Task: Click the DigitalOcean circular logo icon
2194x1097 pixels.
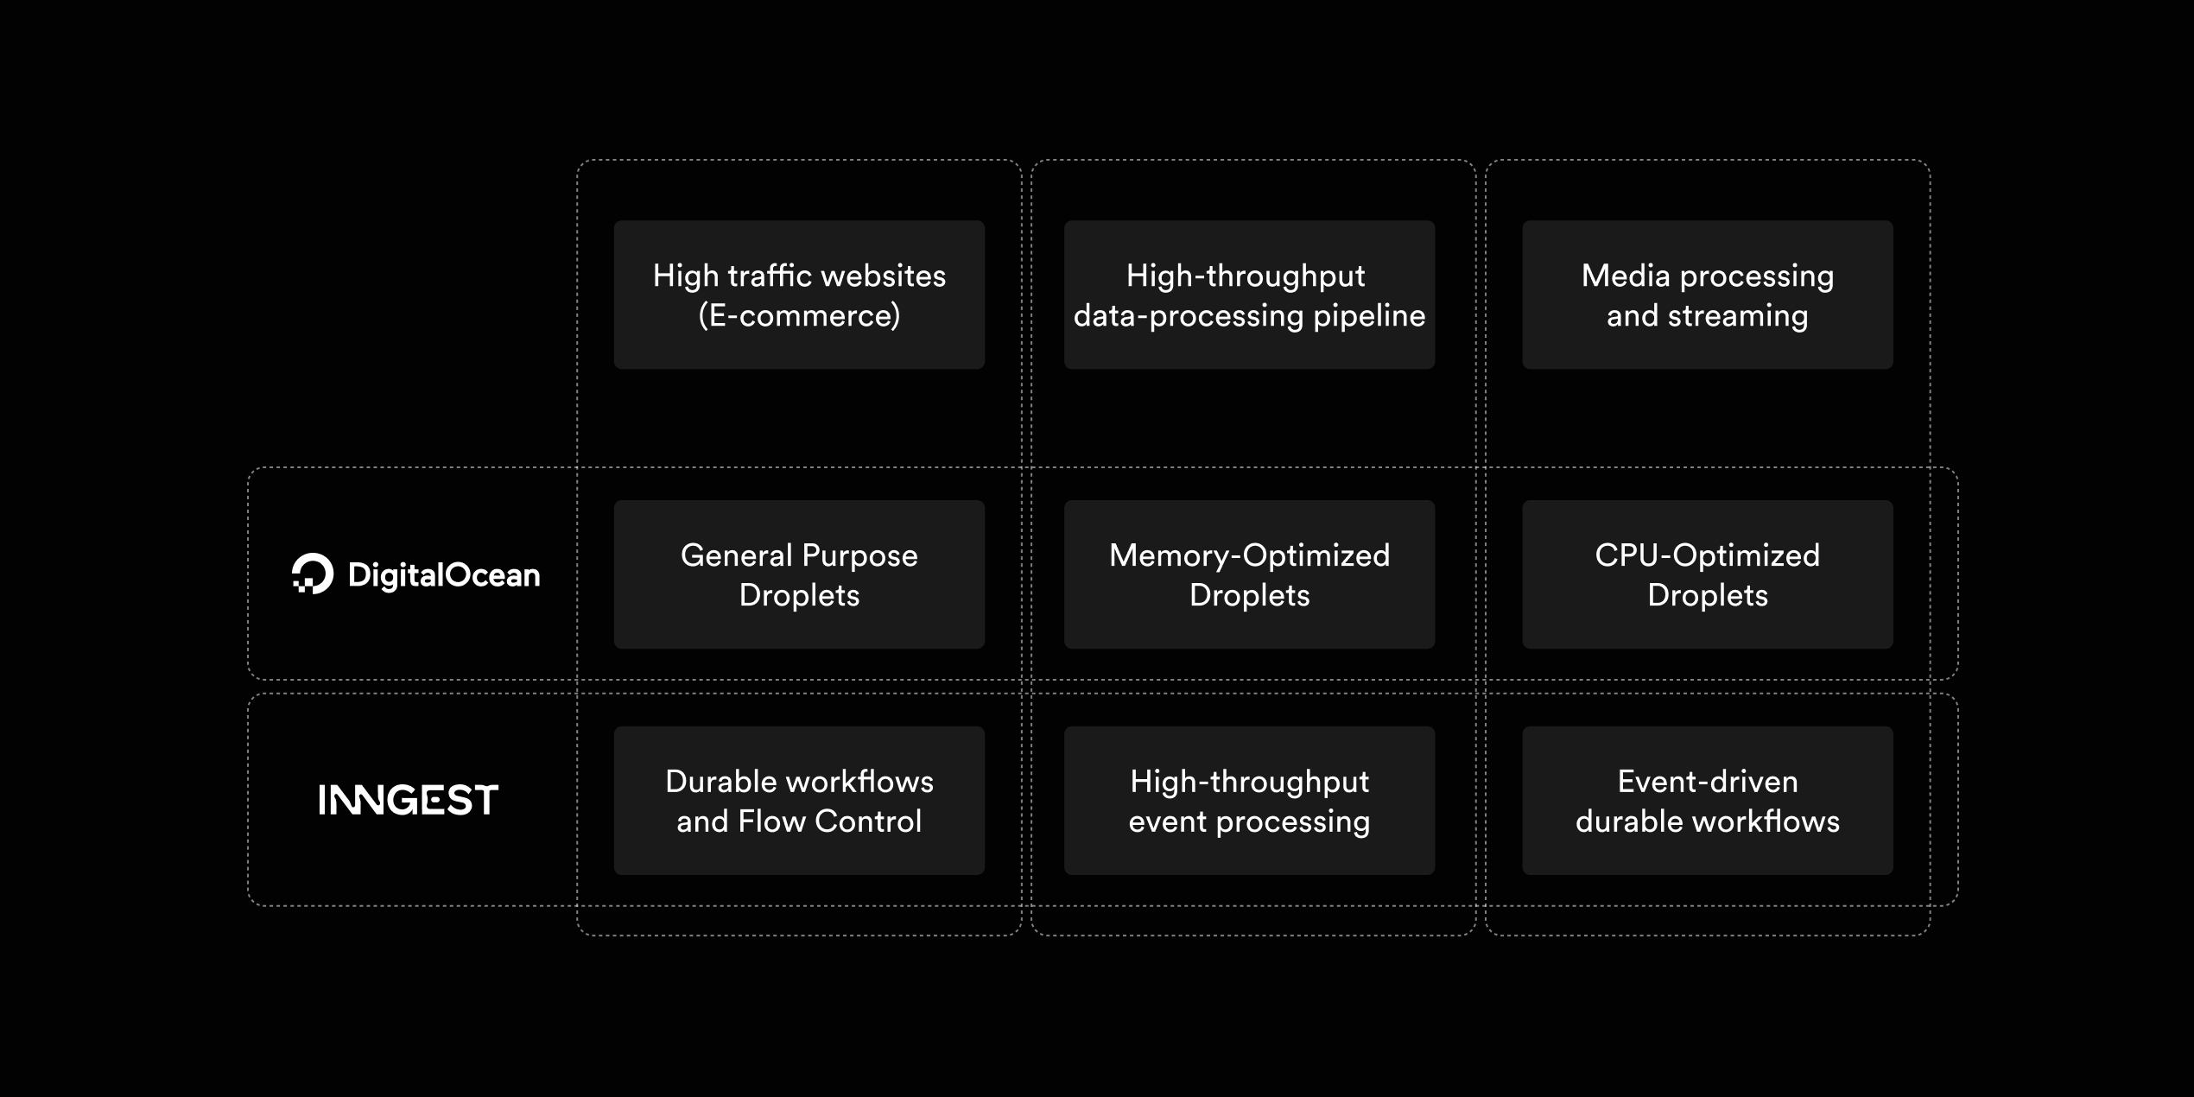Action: click(x=313, y=574)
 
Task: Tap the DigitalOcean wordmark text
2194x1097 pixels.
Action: click(x=443, y=575)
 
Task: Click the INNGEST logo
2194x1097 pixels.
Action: click(x=408, y=800)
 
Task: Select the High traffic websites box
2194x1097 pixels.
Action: click(x=799, y=295)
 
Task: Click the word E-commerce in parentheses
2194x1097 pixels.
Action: click(x=799, y=316)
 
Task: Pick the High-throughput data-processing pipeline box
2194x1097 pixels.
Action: click(x=1249, y=295)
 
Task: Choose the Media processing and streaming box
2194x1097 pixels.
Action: click(x=1707, y=295)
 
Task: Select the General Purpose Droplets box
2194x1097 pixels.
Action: click(x=799, y=574)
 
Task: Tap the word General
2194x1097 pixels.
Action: click(x=735, y=555)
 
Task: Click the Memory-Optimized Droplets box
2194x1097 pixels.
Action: click(x=1249, y=574)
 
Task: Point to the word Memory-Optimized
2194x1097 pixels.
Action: click(x=1249, y=555)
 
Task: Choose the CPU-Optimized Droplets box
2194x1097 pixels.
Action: click(x=1707, y=574)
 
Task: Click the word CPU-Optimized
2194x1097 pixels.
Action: click(x=1707, y=555)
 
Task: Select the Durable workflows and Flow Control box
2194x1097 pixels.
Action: click(x=799, y=800)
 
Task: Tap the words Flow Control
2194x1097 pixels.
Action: click(x=829, y=821)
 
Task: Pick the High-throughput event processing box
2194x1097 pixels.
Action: click(x=1249, y=800)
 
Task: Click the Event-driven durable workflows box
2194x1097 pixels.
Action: click(x=1707, y=800)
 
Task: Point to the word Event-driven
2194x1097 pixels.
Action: click(x=1707, y=782)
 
